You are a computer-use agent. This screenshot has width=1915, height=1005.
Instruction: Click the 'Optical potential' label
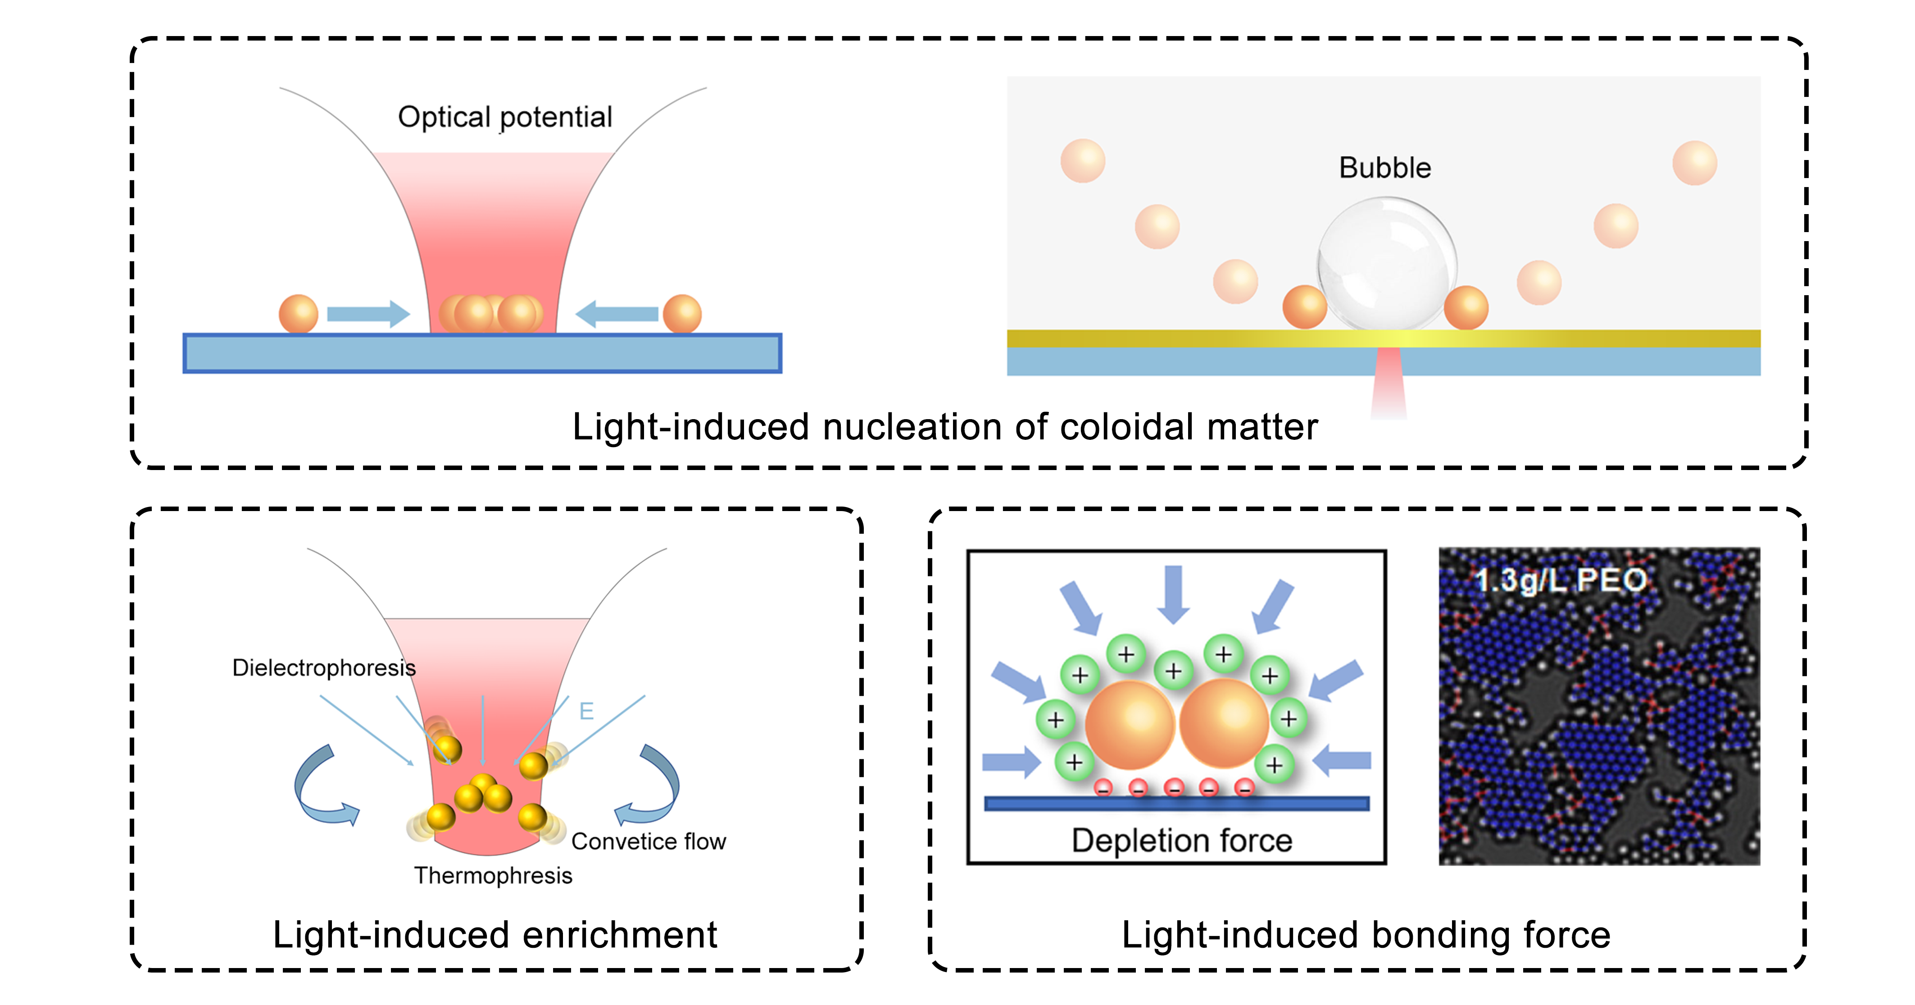(505, 117)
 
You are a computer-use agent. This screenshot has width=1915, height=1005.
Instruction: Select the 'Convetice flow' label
(648, 841)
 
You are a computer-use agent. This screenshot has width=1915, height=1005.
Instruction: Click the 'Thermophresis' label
(493, 876)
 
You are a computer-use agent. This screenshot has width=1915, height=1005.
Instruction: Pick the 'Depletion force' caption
(1181, 840)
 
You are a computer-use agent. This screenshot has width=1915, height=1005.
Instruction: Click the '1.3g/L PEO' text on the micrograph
(1561, 580)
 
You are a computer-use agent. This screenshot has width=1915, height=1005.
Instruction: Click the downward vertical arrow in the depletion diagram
(1173, 594)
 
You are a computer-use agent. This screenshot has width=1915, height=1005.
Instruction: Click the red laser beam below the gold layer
(1388, 383)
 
